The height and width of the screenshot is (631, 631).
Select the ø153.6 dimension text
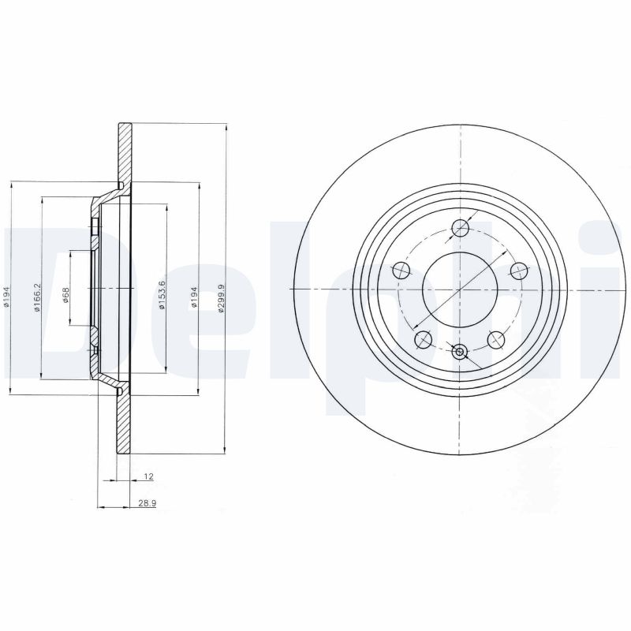162,295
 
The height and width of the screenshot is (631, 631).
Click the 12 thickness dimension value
147,476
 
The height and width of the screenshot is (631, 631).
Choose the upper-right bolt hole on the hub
518,271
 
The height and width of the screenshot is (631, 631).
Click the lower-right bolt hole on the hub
496,339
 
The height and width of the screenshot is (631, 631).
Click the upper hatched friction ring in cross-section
124,154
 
